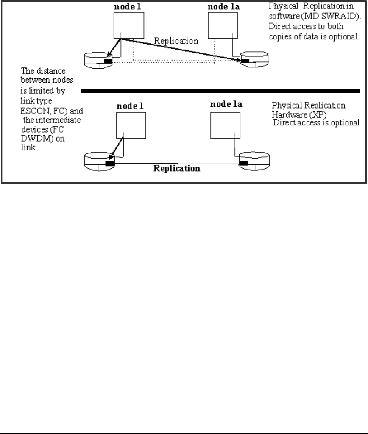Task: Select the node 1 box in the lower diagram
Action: (130, 125)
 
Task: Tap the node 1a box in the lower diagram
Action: (224, 125)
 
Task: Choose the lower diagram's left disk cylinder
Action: (100, 163)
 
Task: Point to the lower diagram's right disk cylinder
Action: (254, 163)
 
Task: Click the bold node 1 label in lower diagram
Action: (130, 105)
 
